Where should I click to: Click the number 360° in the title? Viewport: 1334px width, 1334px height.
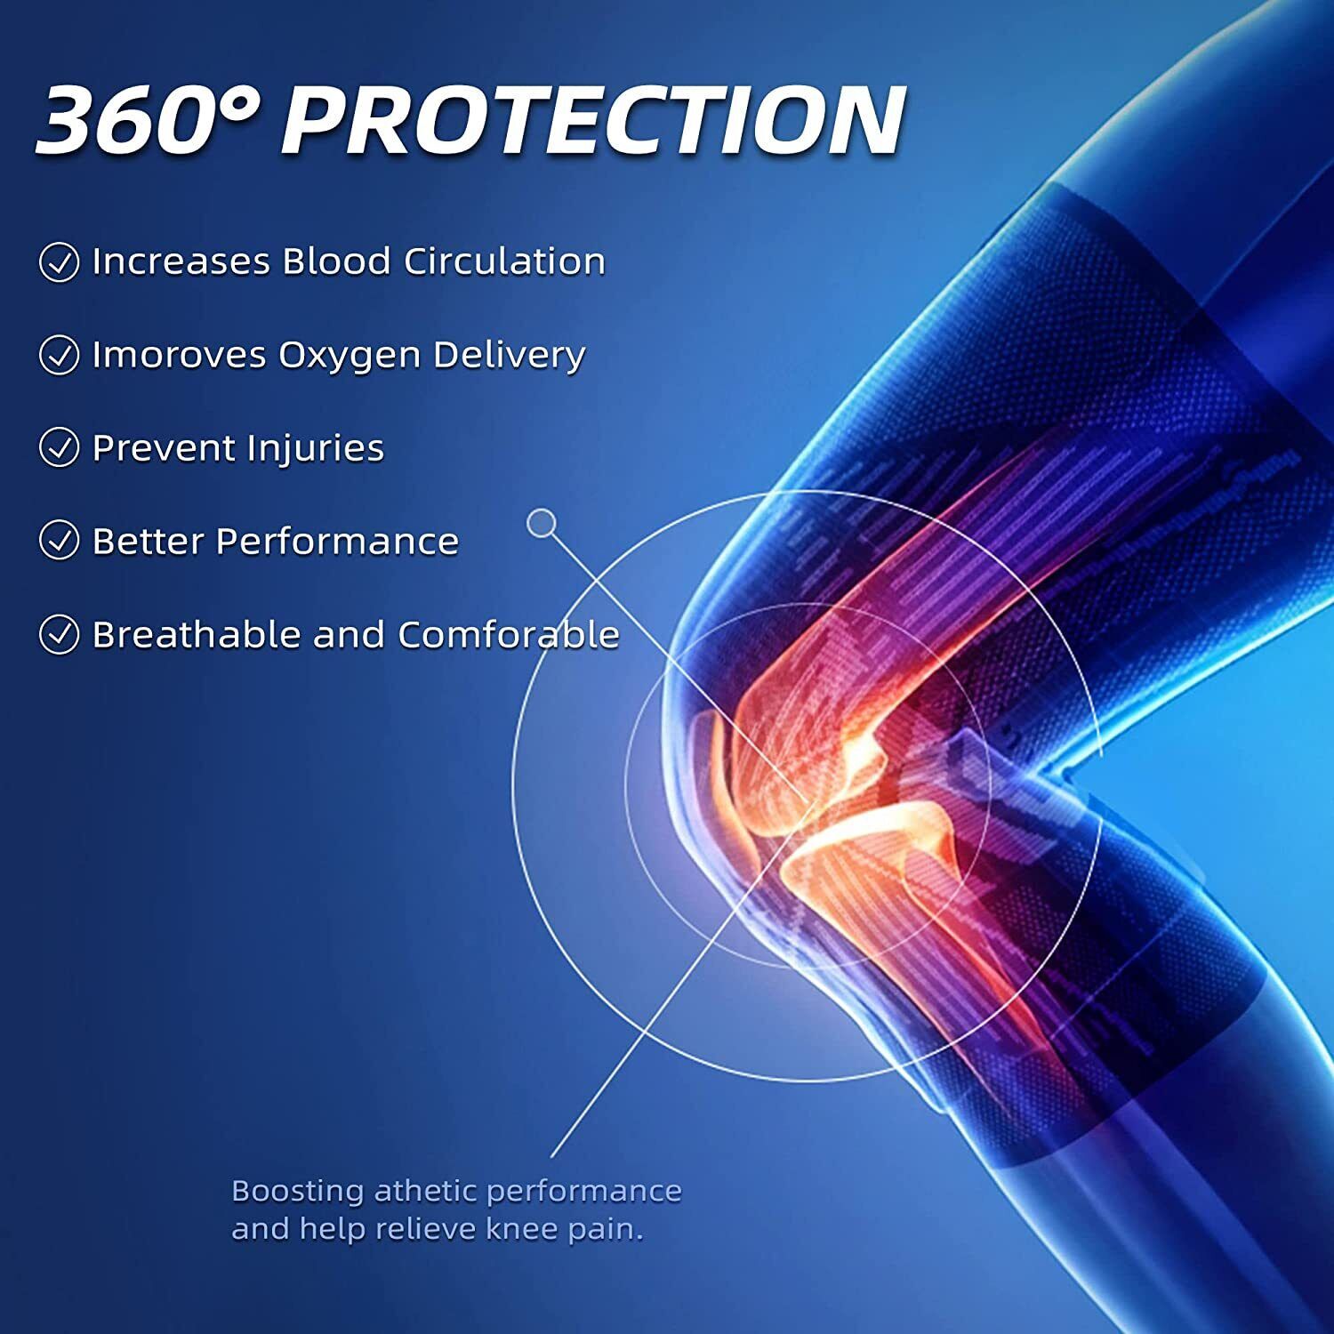[149, 120]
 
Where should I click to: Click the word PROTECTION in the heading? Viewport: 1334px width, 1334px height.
[593, 120]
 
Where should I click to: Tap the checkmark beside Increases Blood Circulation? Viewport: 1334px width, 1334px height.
[60, 262]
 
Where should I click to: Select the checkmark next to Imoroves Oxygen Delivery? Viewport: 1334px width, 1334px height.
[60, 355]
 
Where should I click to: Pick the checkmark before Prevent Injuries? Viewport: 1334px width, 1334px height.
[60, 447]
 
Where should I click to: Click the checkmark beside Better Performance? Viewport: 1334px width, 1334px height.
[60, 541]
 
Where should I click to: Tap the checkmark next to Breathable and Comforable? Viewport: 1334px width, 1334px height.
[60, 634]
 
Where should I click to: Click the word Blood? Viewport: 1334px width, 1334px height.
[336, 261]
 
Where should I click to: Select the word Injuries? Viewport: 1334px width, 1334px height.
[316, 448]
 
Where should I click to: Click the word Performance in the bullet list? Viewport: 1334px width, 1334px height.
[337, 541]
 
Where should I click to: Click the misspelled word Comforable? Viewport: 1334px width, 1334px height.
[508, 634]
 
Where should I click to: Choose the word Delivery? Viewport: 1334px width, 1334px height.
[509, 356]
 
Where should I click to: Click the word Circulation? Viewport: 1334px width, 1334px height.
[504, 261]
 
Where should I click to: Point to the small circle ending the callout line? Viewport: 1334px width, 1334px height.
[541, 523]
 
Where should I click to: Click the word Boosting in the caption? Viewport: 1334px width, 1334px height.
[298, 1192]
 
